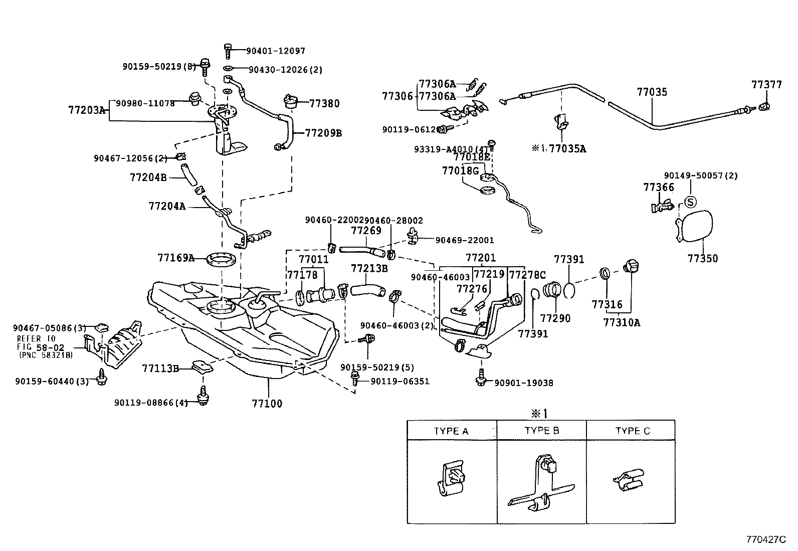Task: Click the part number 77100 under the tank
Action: click(x=268, y=404)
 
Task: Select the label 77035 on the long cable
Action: click(x=652, y=92)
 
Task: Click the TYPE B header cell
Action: click(x=541, y=431)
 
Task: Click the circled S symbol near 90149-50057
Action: click(x=690, y=202)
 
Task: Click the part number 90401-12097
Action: click(x=275, y=51)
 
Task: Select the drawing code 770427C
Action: click(x=766, y=540)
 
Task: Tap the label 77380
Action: click(x=324, y=104)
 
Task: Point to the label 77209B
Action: click(x=323, y=133)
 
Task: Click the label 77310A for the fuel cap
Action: click(x=622, y=322)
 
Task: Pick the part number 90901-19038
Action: click(x=523, y=383)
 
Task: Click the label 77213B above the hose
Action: click(x=369, y=268)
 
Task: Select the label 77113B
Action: click(x=160, y=369)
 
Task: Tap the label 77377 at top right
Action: click(x=766, y=85)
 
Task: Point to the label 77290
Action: click(x=555, y=318)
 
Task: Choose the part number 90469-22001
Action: click(x=464, y=240)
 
